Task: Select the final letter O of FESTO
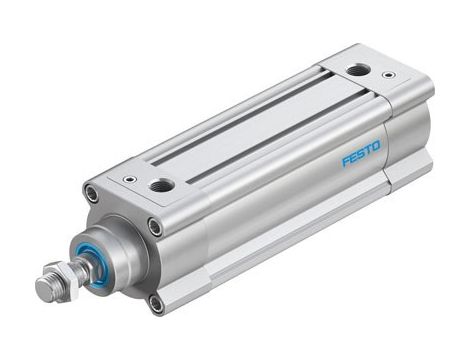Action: click(375, 144)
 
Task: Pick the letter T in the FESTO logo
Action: click(367, 149)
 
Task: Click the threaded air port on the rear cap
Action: click(357, 70)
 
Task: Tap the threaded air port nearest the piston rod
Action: click(161, 185)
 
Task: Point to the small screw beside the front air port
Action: click(129, 180)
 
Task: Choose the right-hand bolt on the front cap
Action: click(155, 228)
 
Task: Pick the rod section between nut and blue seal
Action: click(76, 270)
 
